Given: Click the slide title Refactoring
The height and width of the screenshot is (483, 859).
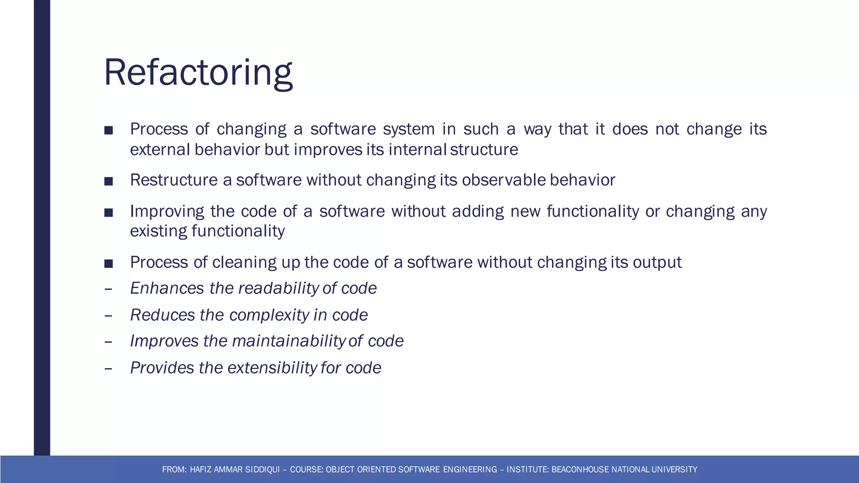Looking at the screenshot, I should click(198, 73).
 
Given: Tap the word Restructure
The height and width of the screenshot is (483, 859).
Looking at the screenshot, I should click(174, 180).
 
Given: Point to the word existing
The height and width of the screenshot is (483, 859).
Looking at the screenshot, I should click(159, 231).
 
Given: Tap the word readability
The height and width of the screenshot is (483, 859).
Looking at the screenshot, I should click(279, 288).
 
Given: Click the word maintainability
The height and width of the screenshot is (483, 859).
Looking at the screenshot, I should click(288, 341).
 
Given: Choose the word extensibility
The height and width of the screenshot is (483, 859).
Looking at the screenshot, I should click(272, 368).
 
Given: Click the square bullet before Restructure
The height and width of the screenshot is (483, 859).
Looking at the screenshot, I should click(109, 181).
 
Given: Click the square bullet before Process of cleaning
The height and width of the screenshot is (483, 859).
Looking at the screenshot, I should click(109, 263).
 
